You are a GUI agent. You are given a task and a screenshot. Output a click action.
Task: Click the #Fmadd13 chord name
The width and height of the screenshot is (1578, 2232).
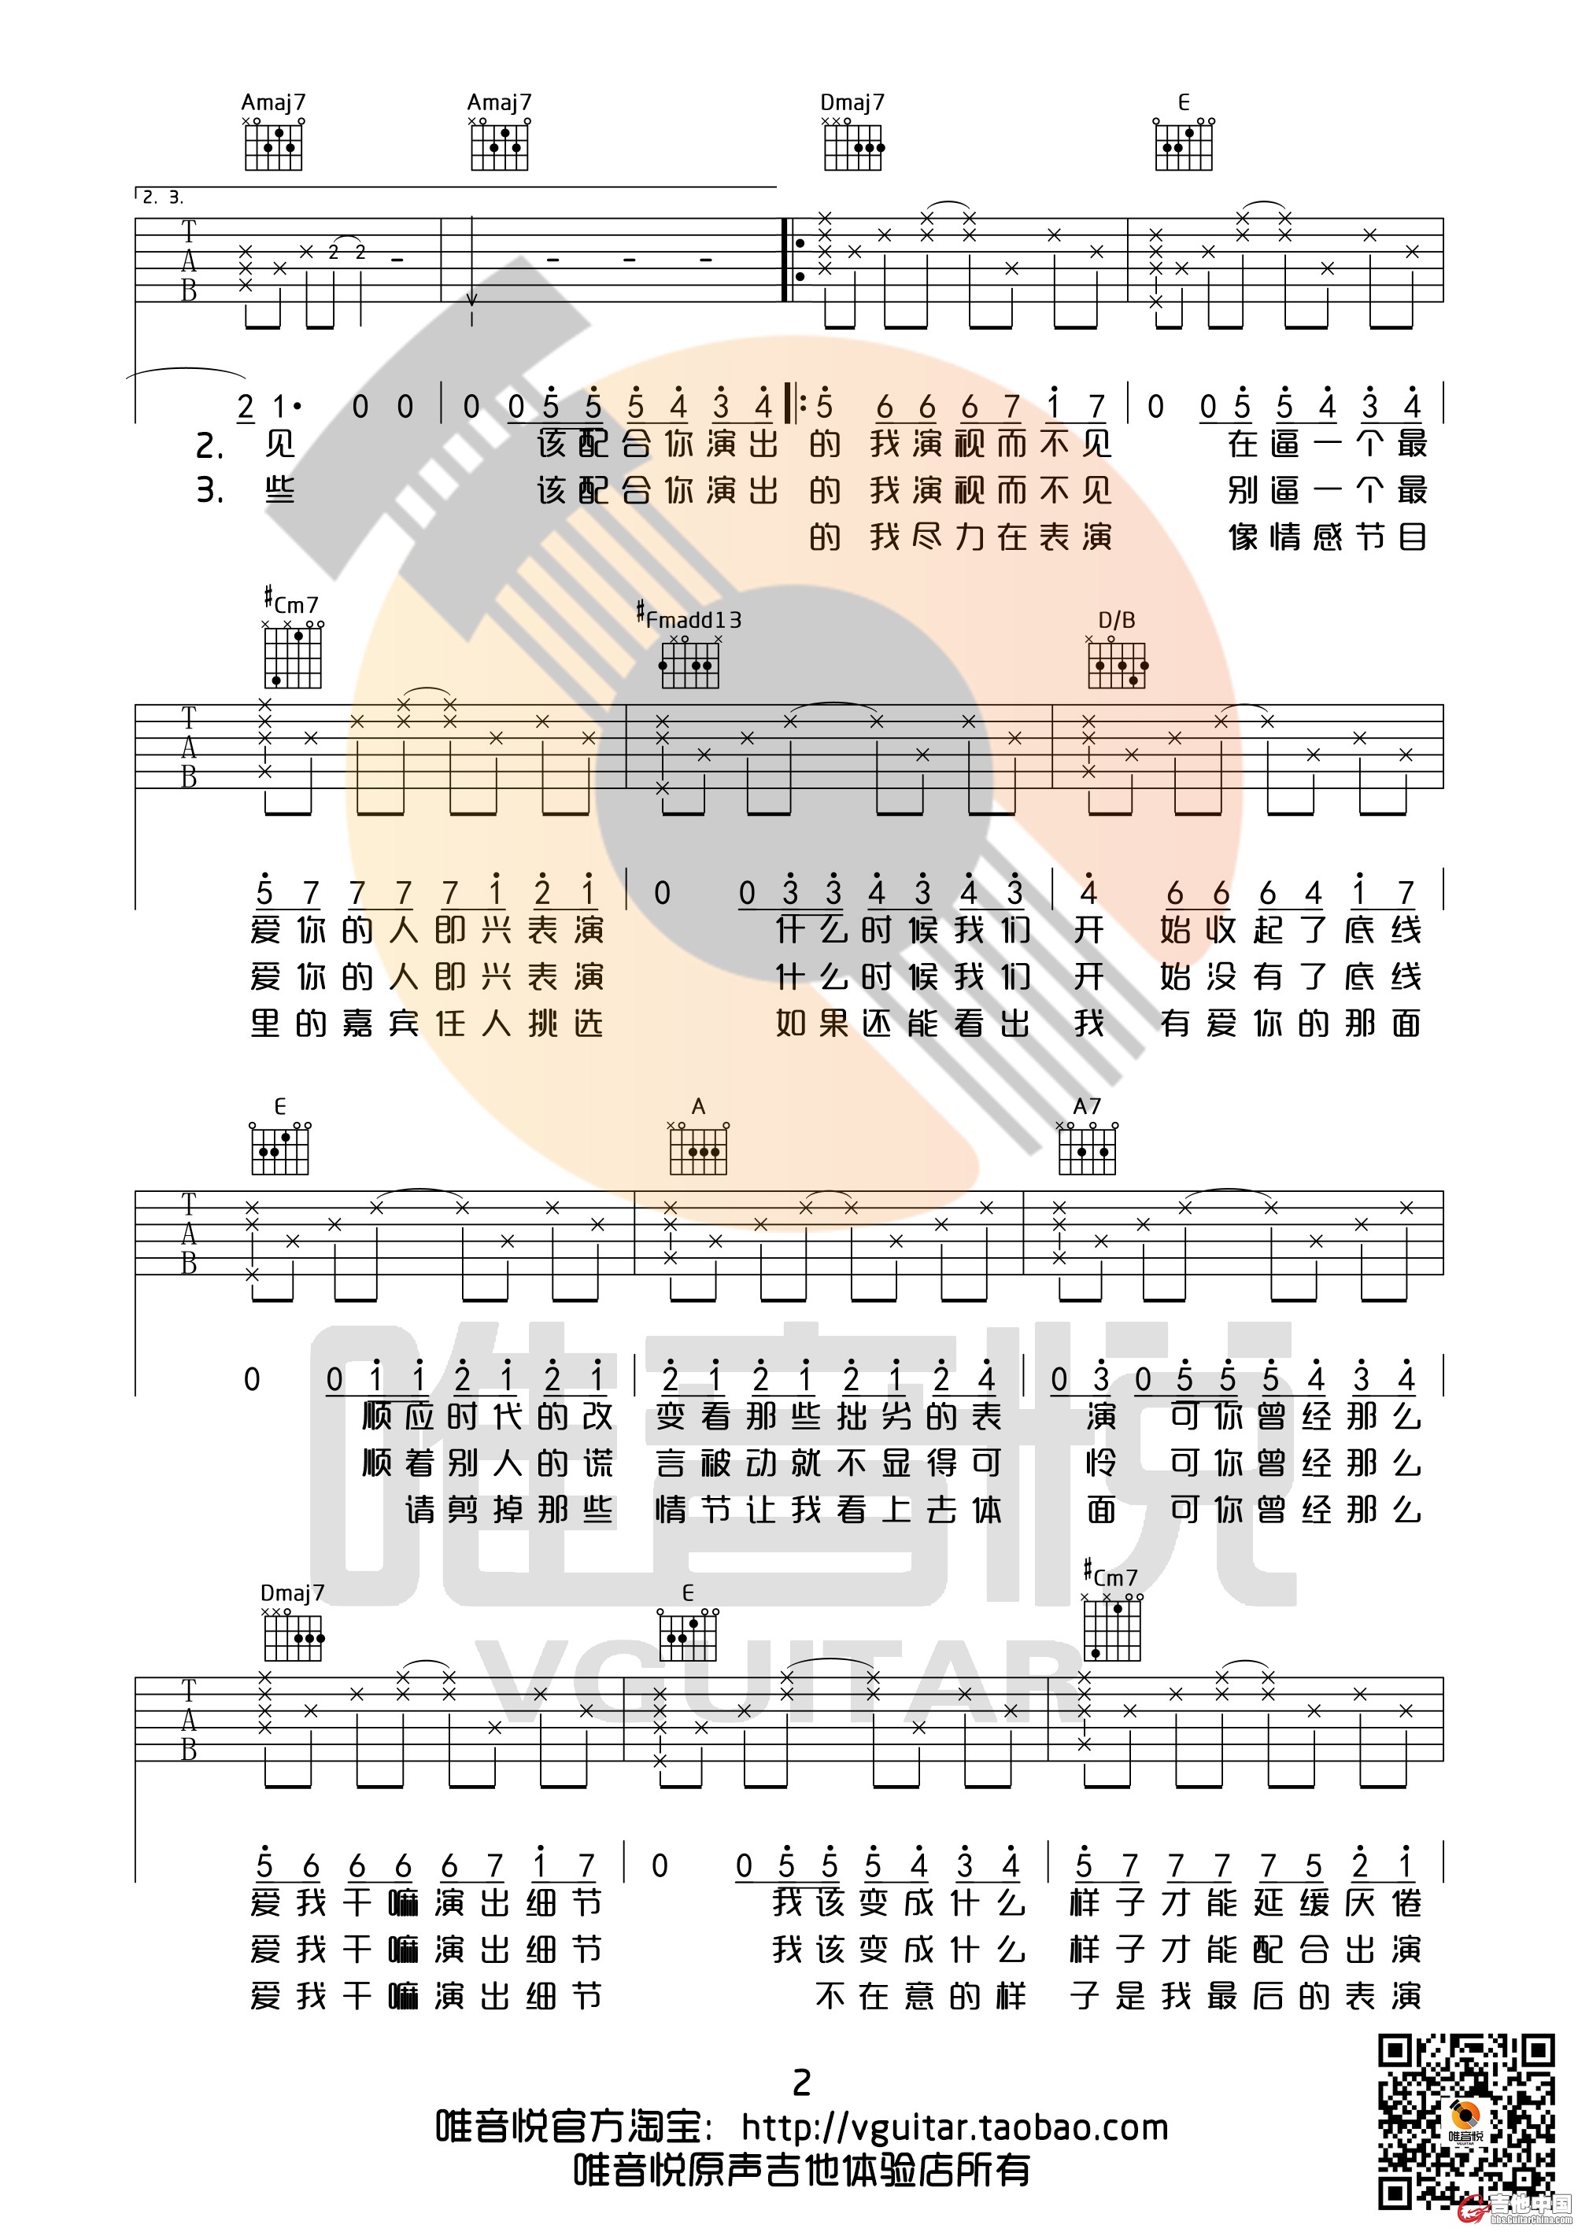click(x=689, y=618)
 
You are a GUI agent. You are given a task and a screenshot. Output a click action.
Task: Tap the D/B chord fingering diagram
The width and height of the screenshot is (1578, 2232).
click(x=1116, y=665)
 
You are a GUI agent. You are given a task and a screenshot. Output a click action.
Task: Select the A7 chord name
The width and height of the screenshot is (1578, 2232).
click(x=1086, y=1105)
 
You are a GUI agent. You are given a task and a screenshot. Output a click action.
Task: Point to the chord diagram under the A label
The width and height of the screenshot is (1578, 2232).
click(x=698, y=1150)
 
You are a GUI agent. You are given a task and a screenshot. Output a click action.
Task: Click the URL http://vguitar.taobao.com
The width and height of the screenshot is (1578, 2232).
click(x=954, y=2128)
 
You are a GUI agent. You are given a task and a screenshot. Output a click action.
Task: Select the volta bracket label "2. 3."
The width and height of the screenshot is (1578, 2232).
click(x=162, y=197)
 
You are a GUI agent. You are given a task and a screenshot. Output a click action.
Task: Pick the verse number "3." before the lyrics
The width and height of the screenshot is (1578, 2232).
click(x=210, y=490)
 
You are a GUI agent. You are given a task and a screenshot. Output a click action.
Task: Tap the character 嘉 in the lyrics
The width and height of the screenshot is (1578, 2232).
click(x=358, y=1023)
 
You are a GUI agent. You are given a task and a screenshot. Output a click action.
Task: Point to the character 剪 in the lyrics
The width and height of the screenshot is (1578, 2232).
click(x=466, y=1510)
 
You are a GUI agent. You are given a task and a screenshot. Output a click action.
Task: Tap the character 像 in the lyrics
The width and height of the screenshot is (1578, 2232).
click(x=1244, y=537)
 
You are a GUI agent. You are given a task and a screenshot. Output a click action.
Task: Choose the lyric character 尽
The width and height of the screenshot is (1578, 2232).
click(x=928, y=537)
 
